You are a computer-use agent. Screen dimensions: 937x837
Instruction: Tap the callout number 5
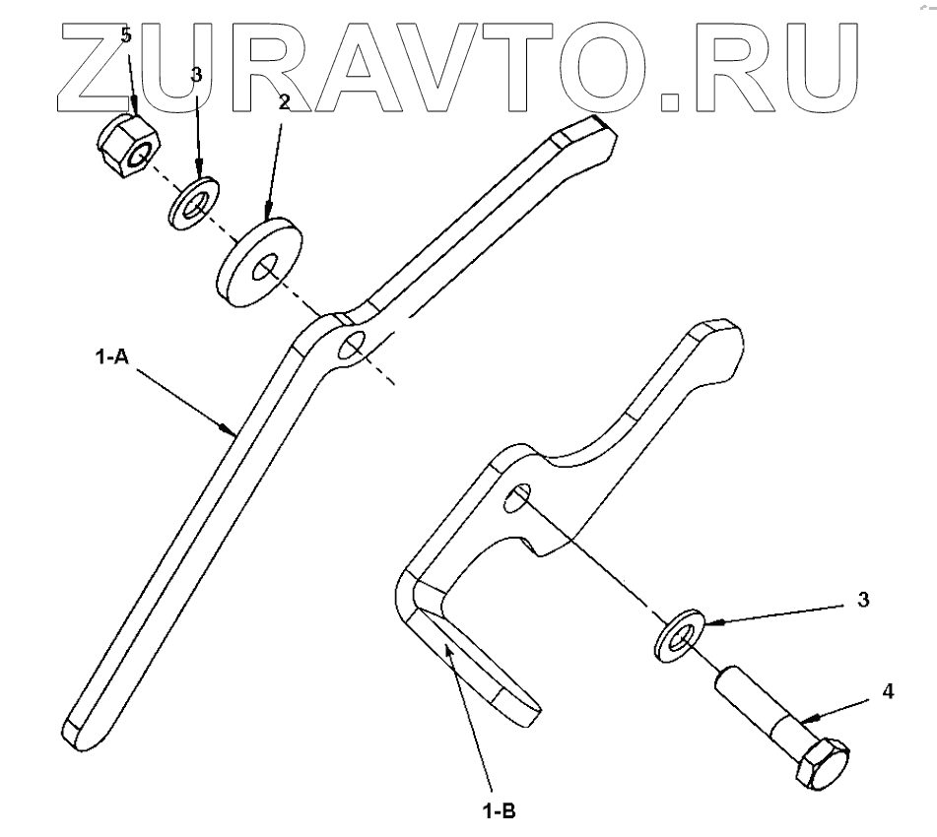(125, 35)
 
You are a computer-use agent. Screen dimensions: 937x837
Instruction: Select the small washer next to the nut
(194, 202)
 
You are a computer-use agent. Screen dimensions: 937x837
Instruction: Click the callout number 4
(887, 691)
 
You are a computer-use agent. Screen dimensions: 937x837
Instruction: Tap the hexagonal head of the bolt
(824, 763)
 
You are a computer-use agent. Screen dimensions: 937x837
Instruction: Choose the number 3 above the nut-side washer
(196, 74)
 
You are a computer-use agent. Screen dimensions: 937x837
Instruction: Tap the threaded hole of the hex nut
(144, 153)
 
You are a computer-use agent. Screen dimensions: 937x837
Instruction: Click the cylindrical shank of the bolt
(757, 700)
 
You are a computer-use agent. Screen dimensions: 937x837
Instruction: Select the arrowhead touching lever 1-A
(229, 429)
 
